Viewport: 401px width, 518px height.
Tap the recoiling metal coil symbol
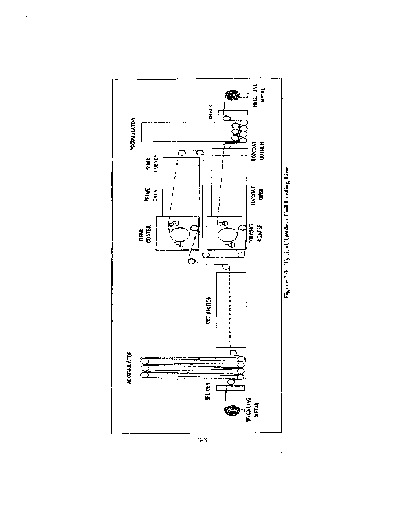(x=231, y=97)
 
